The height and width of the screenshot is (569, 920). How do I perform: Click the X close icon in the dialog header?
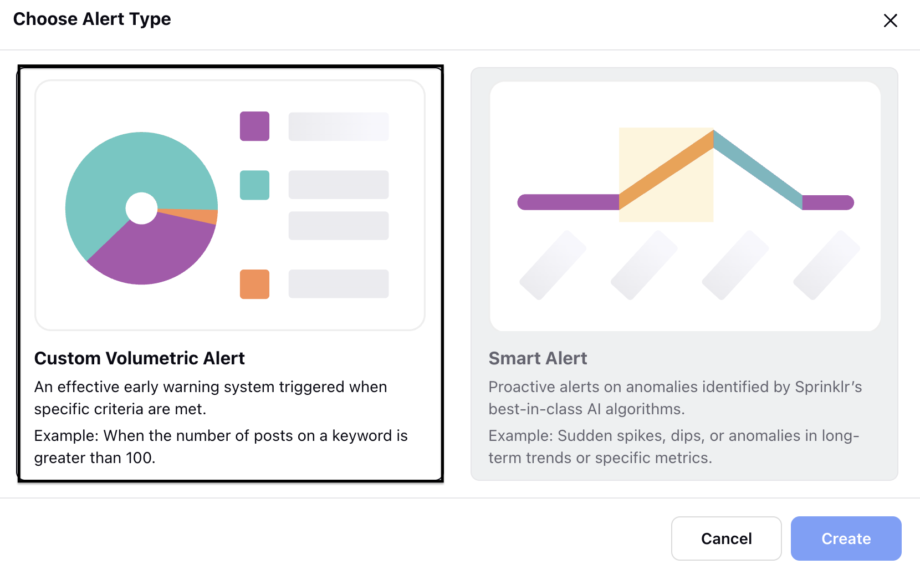[x=891, y=20]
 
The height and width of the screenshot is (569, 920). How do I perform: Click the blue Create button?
[x=846, y=538]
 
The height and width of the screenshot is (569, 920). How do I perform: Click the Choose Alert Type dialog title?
[x=92, y=19]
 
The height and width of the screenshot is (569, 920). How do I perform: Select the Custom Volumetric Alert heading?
[x=139, y=358]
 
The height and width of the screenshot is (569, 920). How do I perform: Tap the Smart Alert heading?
[x=538, y=358]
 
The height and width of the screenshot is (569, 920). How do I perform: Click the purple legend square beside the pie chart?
[x=254, y=126]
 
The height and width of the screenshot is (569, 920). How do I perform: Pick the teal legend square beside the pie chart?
[x=254, y=185]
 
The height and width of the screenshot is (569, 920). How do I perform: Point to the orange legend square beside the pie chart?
[x=254, y=284]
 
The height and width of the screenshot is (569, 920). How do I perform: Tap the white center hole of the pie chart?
[x=141, y=209]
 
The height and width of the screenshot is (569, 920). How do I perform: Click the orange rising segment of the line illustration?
[x=666, y=169]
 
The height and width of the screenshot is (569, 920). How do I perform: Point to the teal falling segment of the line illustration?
[x=758, y=169]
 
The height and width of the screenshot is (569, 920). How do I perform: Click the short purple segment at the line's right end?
[x=828, y=202]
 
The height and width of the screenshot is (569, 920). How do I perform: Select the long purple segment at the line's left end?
[x=568, y=202]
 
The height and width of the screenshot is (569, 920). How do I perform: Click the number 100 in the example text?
[x=139, y=458]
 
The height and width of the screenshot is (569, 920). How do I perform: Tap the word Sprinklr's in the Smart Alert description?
[x=829, y=387]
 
